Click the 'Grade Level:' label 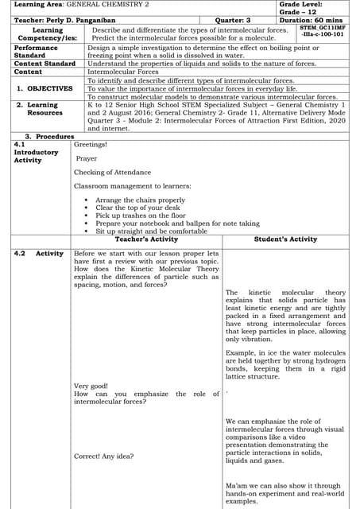[x=300, y=6]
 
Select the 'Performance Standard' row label [x=37, y=52]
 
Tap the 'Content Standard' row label [x=45, y=64]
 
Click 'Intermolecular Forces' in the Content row [x=123, y=72]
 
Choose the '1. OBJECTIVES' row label [x=45, y=88]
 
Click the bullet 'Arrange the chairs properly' [x=140, y=200]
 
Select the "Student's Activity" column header [x=285, y=239]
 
